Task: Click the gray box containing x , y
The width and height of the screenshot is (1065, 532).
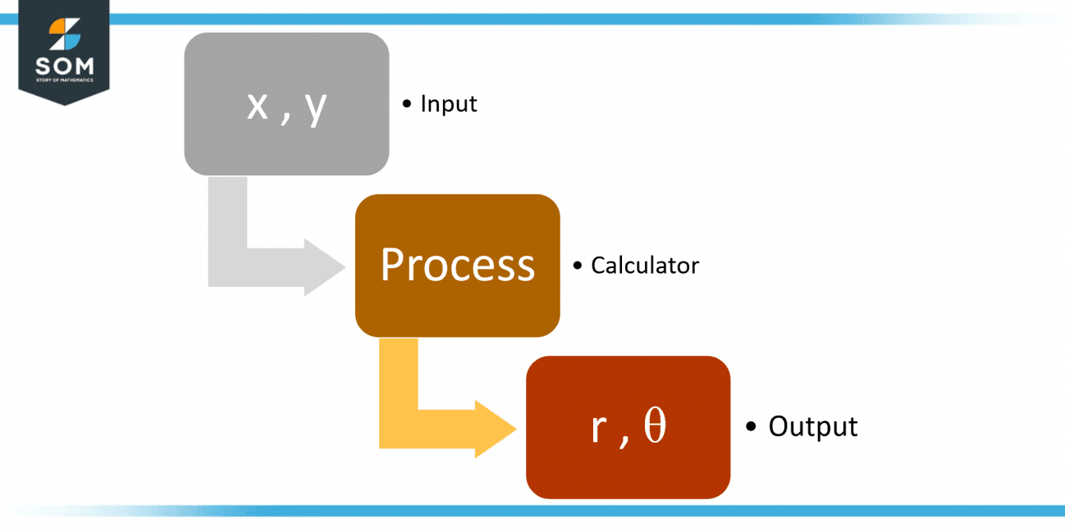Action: pyautogui.click(x=286, y=103)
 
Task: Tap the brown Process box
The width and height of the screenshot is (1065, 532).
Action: pyautogui.click(x=457, y=265)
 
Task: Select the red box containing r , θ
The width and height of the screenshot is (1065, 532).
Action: pyautogui.click(x=628, y=426)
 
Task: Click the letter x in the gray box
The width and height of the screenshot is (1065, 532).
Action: pyautogui.click(x=257, y=107)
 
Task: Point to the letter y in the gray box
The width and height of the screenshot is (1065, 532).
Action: pyautogui.click(x=316, y=109)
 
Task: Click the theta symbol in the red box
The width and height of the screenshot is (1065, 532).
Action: pyautogui.click(x=655, y=428)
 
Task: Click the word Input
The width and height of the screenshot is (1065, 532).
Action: pyautogui.click(x=448, y=104)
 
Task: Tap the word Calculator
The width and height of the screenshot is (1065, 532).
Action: pyautogui.click(x=645, y=266)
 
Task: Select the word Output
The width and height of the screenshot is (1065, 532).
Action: pyautogui.click(x=812, y=427)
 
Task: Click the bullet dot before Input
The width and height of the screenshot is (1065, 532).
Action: pyautogui.click(x=407, y=104)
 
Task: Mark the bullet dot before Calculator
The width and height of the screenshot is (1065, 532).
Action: pyautogui.click(x=578, y=266)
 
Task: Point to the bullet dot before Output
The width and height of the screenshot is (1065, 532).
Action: pyautogui.click(x=751, y=427)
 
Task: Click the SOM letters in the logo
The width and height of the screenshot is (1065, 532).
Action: pyautogui.click(x=64, y=66)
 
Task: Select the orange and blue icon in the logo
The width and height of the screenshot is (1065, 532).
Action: pyautogui.click(x=64, y=34)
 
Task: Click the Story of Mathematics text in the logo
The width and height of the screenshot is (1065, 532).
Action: pyautogui.click(x=64, y=80)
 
